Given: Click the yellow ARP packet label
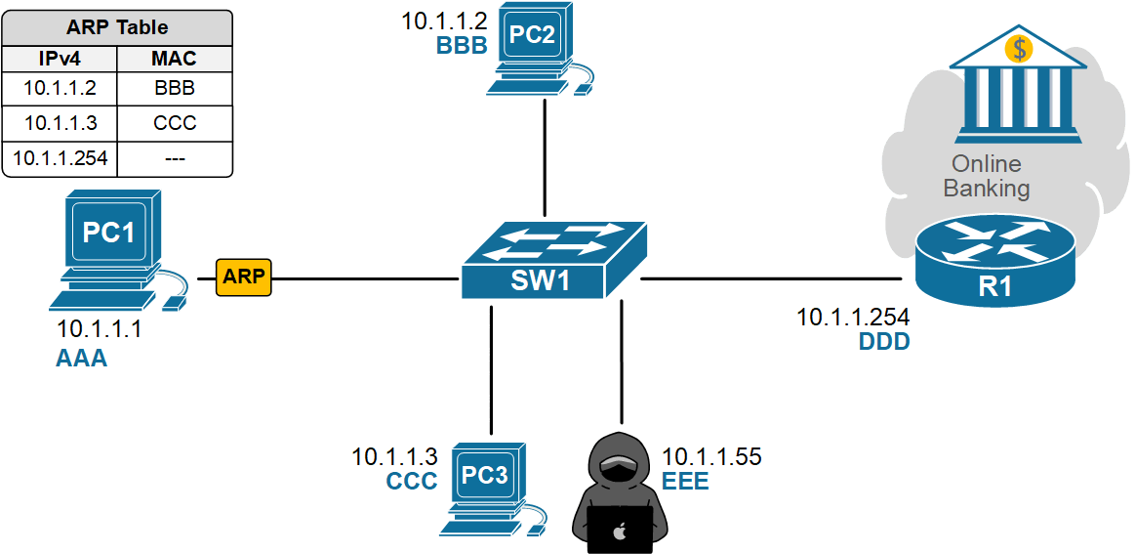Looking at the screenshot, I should [243, 277].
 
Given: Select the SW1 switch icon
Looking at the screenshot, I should [553, 260].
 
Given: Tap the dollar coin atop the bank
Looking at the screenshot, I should [1020, 47].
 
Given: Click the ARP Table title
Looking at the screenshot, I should [117, 27].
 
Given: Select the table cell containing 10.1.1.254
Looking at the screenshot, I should [61, 158].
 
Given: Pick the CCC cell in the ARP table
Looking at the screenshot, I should [175, 123].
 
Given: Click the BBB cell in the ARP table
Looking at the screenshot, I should [175, 88].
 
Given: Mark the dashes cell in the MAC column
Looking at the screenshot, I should [175, 158].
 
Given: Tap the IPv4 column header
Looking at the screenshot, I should [60, 59].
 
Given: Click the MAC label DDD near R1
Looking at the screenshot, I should [884, 341].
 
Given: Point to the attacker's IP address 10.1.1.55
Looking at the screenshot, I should [711, 456].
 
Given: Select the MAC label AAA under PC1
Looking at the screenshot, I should [82, 360].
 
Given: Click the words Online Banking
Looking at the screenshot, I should [987, 176].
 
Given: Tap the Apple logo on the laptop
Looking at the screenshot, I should [618, 533].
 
